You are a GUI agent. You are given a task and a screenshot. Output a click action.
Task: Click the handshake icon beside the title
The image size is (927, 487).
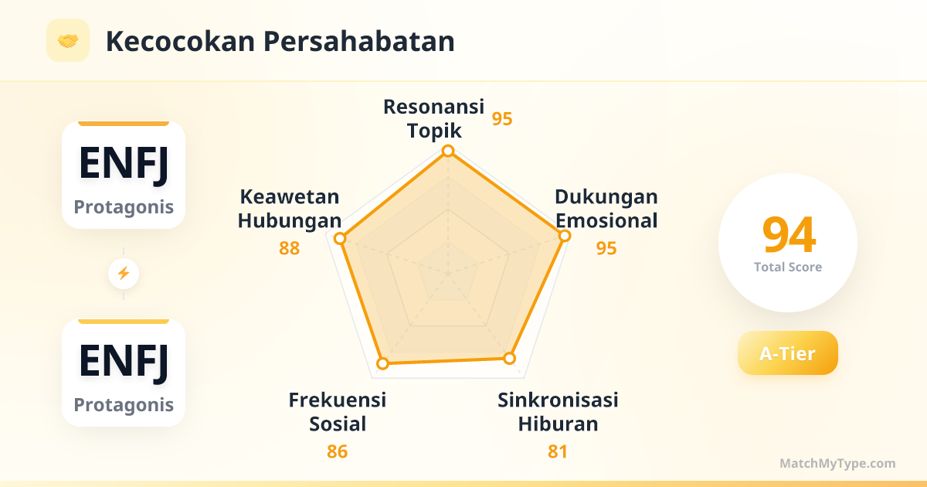pyautogui.click(x=68, y=40)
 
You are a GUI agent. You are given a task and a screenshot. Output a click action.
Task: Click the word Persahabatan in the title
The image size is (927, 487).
pyautogui.click(x=358, y=42)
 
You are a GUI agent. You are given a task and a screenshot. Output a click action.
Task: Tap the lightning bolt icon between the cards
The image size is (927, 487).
pyautogui.click(x=124, y=274)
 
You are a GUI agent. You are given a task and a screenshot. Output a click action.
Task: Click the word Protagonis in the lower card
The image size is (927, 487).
pyautogui.click(x=124, y=404)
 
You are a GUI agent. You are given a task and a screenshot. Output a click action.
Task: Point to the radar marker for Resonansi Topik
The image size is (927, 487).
pyautogui.click(x=448, y=151)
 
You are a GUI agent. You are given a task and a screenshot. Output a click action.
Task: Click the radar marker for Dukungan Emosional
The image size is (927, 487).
pyautogui.click(x=565, y=236)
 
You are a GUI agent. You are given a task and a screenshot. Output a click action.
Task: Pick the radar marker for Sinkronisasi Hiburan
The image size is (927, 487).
pyautogui.click(x=509, y=358)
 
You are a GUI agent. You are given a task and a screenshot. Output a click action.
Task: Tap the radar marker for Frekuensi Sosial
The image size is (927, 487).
pyautogui.click(x=383, y=363)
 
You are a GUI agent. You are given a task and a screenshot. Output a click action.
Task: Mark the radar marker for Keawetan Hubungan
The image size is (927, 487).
pyautogui.click(x=340, y=239)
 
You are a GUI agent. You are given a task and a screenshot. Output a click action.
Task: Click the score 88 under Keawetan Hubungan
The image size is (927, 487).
pyautogui.click(x=289, y=248)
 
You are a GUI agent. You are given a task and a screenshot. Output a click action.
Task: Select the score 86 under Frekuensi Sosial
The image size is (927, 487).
pyautogui.click(x=338, y=451)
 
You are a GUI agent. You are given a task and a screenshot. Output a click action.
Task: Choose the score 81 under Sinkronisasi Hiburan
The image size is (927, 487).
pyautogui.click(x=558, y=451)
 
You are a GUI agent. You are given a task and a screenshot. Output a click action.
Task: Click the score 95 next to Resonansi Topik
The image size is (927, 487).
pyautogui.click(x=502, y=119)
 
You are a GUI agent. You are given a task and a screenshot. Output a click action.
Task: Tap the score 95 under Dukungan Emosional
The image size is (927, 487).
pyautogui.click(x=606, y=248)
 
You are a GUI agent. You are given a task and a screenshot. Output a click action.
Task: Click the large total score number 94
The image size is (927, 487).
pyautogui.click(x=789, y=235)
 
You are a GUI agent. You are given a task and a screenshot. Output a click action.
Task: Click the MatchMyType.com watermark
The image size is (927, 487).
pyautogui.click(x=837, y=463)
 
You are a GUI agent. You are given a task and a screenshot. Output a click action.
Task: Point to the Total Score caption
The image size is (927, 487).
pyautogui.click(x=788, y=267)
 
